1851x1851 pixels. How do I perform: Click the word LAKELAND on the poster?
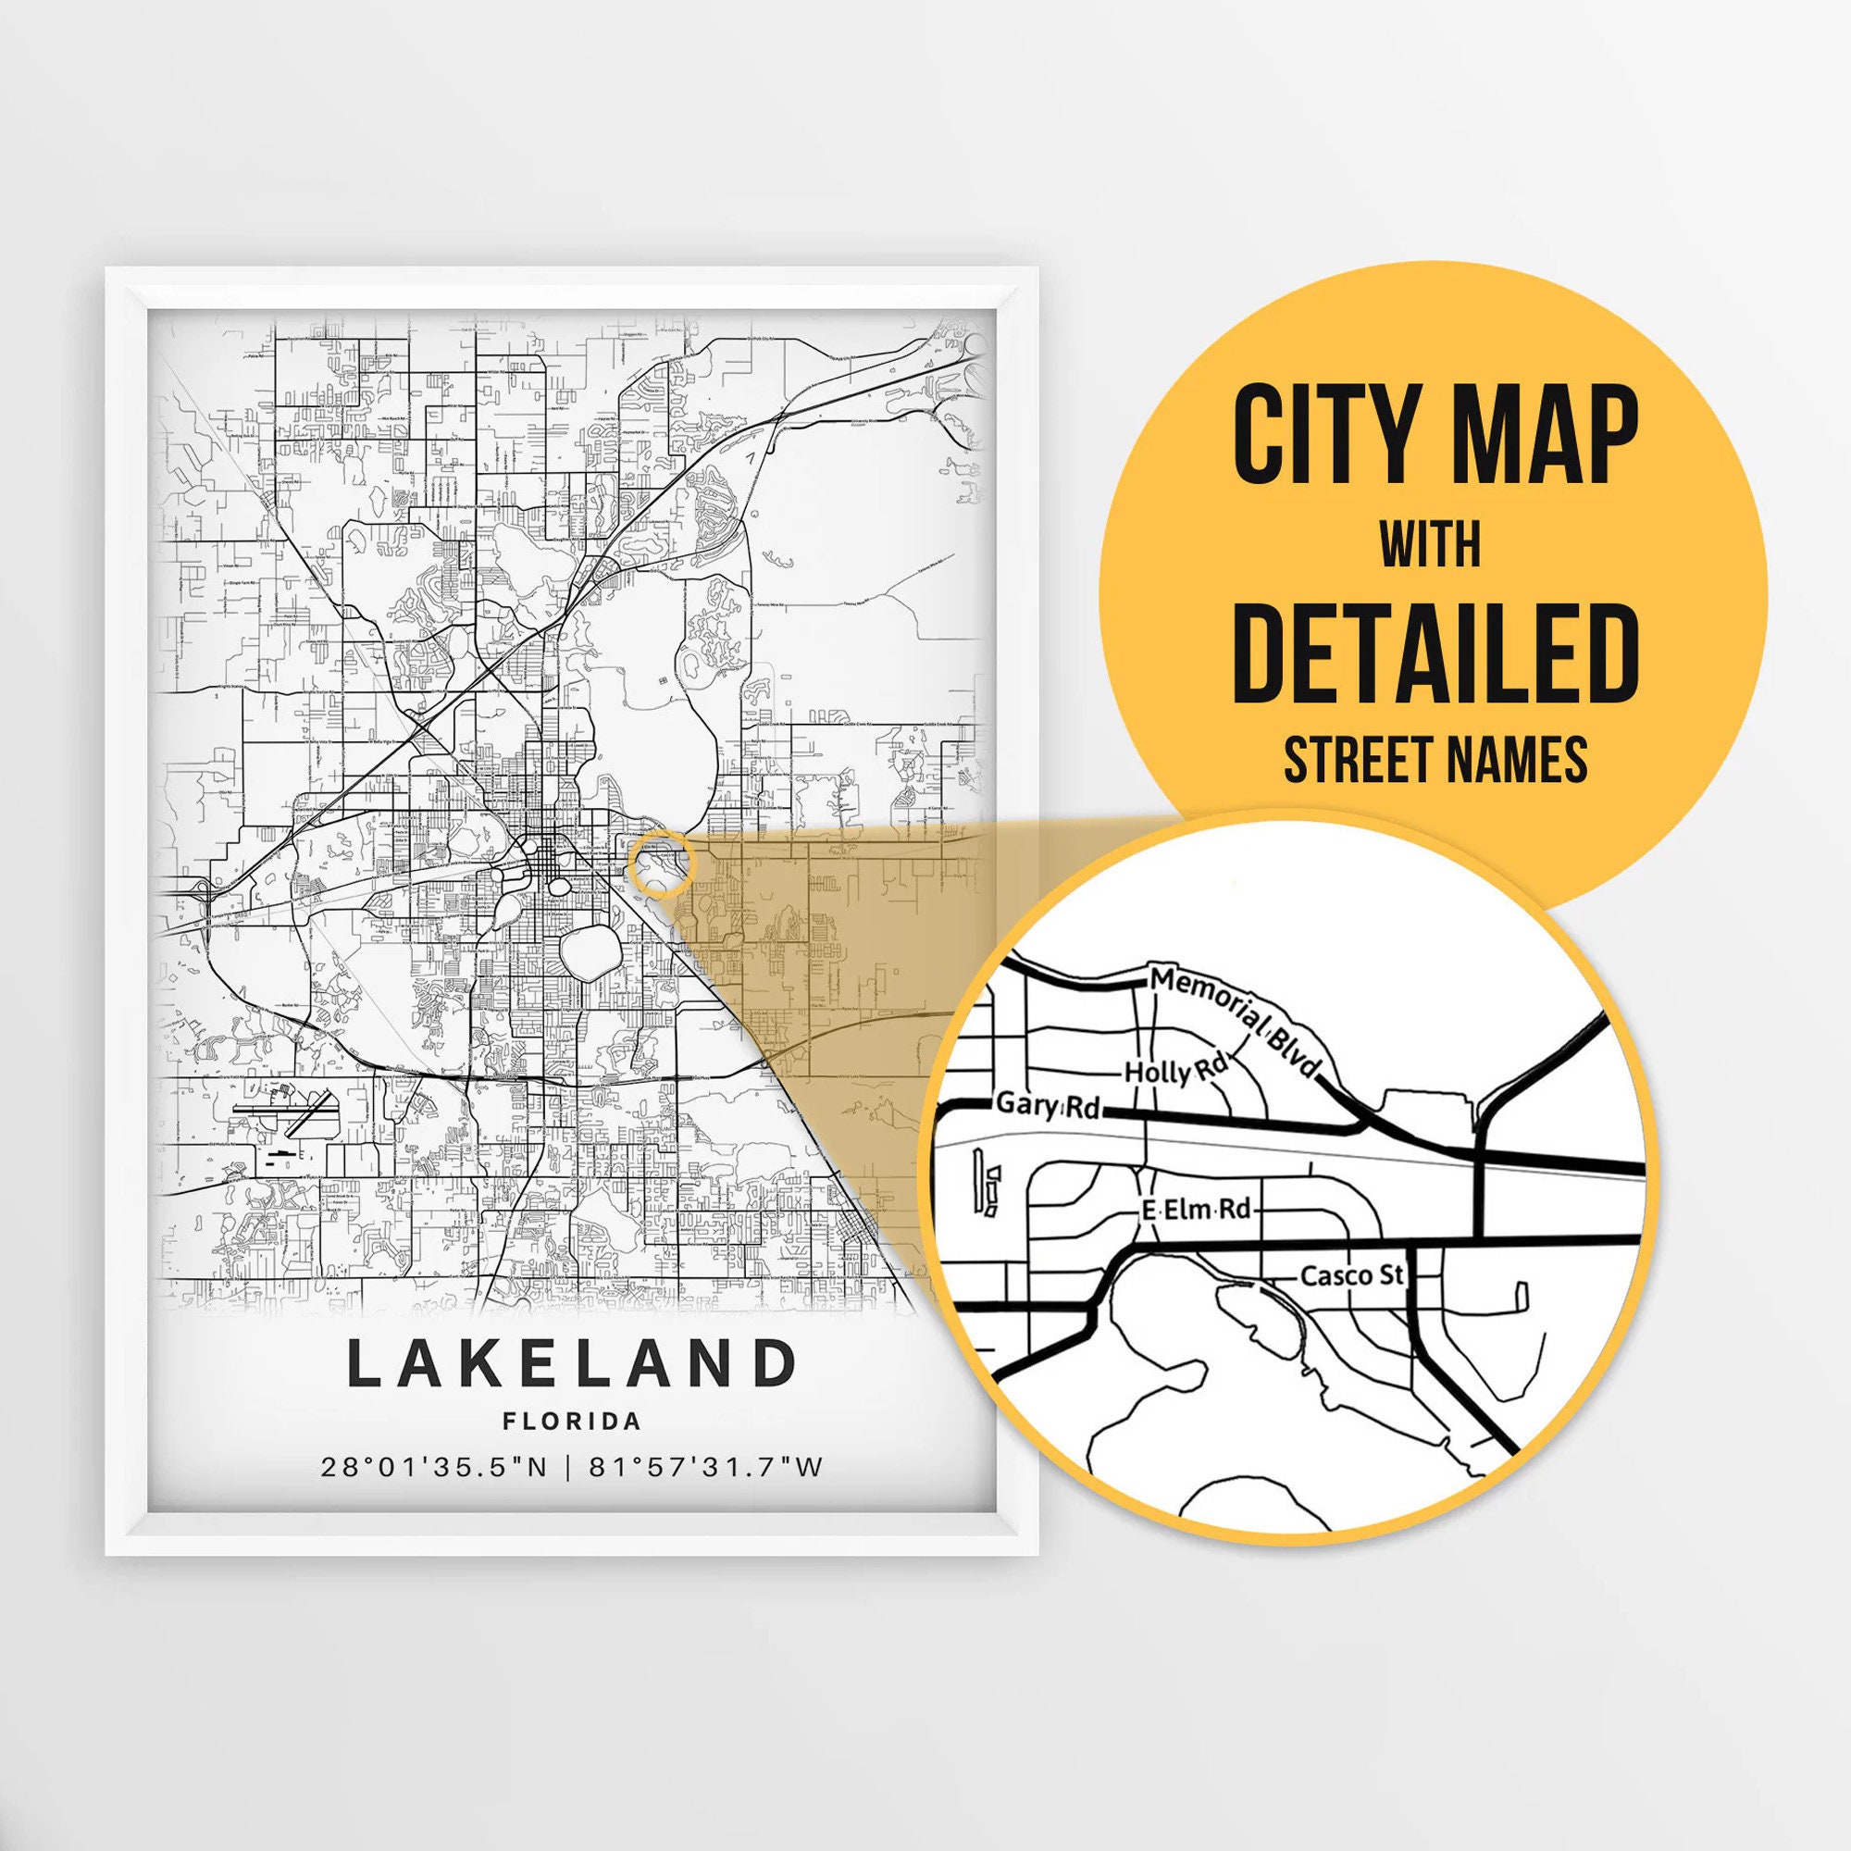(x=571, y=1363)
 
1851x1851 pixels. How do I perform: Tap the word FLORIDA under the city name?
(x=572, y=1421)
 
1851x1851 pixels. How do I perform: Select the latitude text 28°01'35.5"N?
(x=433, y=1467)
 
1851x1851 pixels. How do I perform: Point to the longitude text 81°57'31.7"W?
(x=706, y=1467)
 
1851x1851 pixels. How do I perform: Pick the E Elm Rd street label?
(x=1197, y=1210)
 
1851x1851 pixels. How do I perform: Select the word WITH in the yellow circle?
(x=1430, y=545)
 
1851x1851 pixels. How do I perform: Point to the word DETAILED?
(x=1435, y=653)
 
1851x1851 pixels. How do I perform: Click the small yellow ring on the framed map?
(x=660, y=863)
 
